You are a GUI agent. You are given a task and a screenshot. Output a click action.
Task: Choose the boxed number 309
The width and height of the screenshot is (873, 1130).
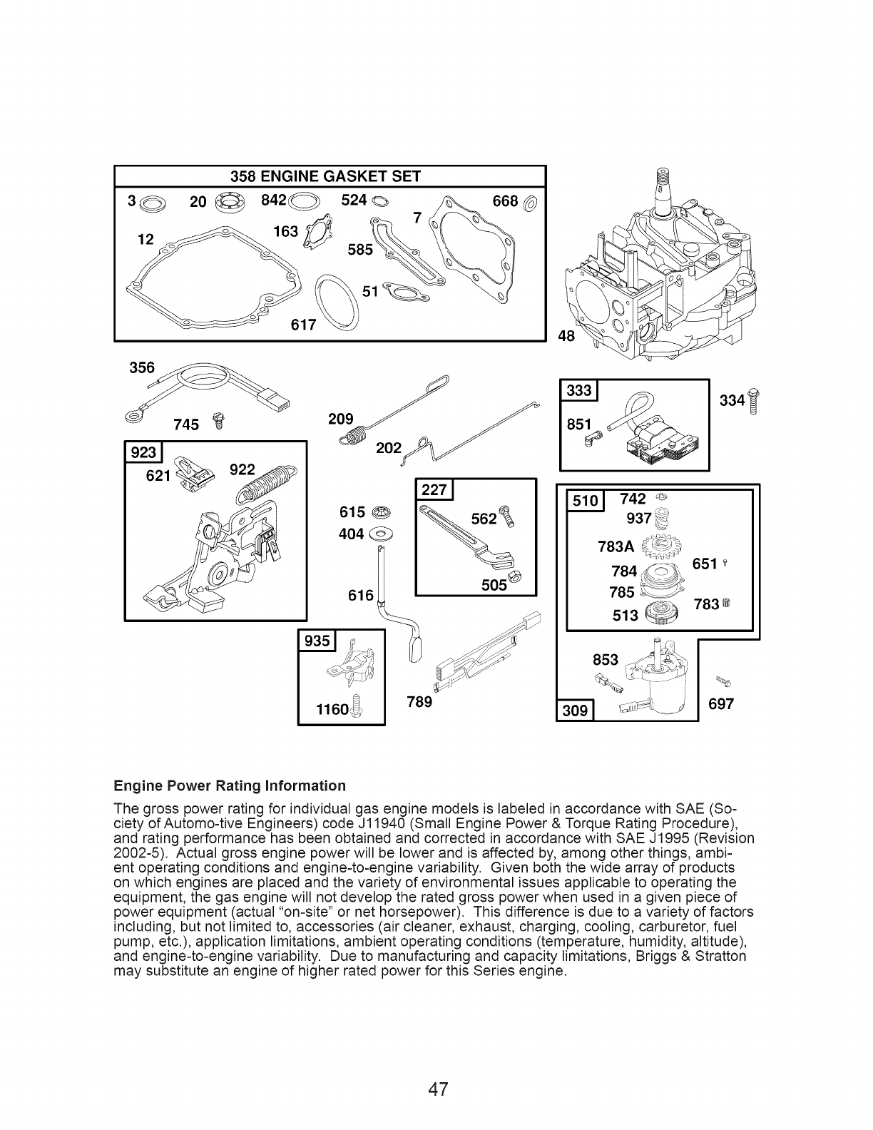[575, 710]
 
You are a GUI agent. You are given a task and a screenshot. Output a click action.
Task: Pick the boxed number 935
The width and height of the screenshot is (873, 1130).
[317, 641]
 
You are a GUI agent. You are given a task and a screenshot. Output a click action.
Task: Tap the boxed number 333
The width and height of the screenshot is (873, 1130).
[580, 390]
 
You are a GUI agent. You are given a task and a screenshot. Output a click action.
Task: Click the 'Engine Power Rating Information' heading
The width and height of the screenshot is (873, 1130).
[230, 785]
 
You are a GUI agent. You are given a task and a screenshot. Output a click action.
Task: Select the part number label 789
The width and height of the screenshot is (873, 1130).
[419, 703]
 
